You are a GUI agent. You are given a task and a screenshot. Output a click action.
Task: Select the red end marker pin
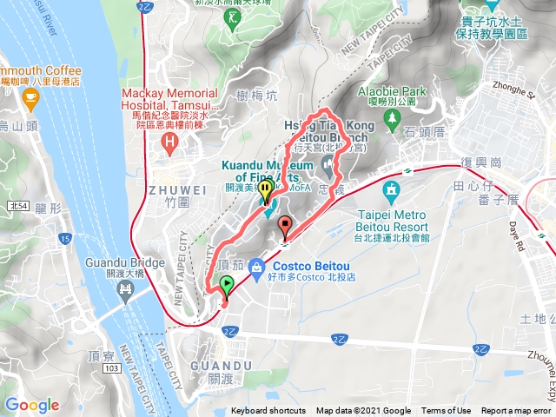[x=284, y=228]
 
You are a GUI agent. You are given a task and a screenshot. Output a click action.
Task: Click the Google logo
[x=32, y=405]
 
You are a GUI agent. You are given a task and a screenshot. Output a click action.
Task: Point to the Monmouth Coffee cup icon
[x=32, y=102]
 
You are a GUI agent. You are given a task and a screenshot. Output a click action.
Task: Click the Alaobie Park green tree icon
[x=393, y=116]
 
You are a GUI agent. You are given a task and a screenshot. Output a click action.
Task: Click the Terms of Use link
[x=446, y=411]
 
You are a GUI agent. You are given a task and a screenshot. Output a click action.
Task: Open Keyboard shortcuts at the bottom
[x=268, y=411]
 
